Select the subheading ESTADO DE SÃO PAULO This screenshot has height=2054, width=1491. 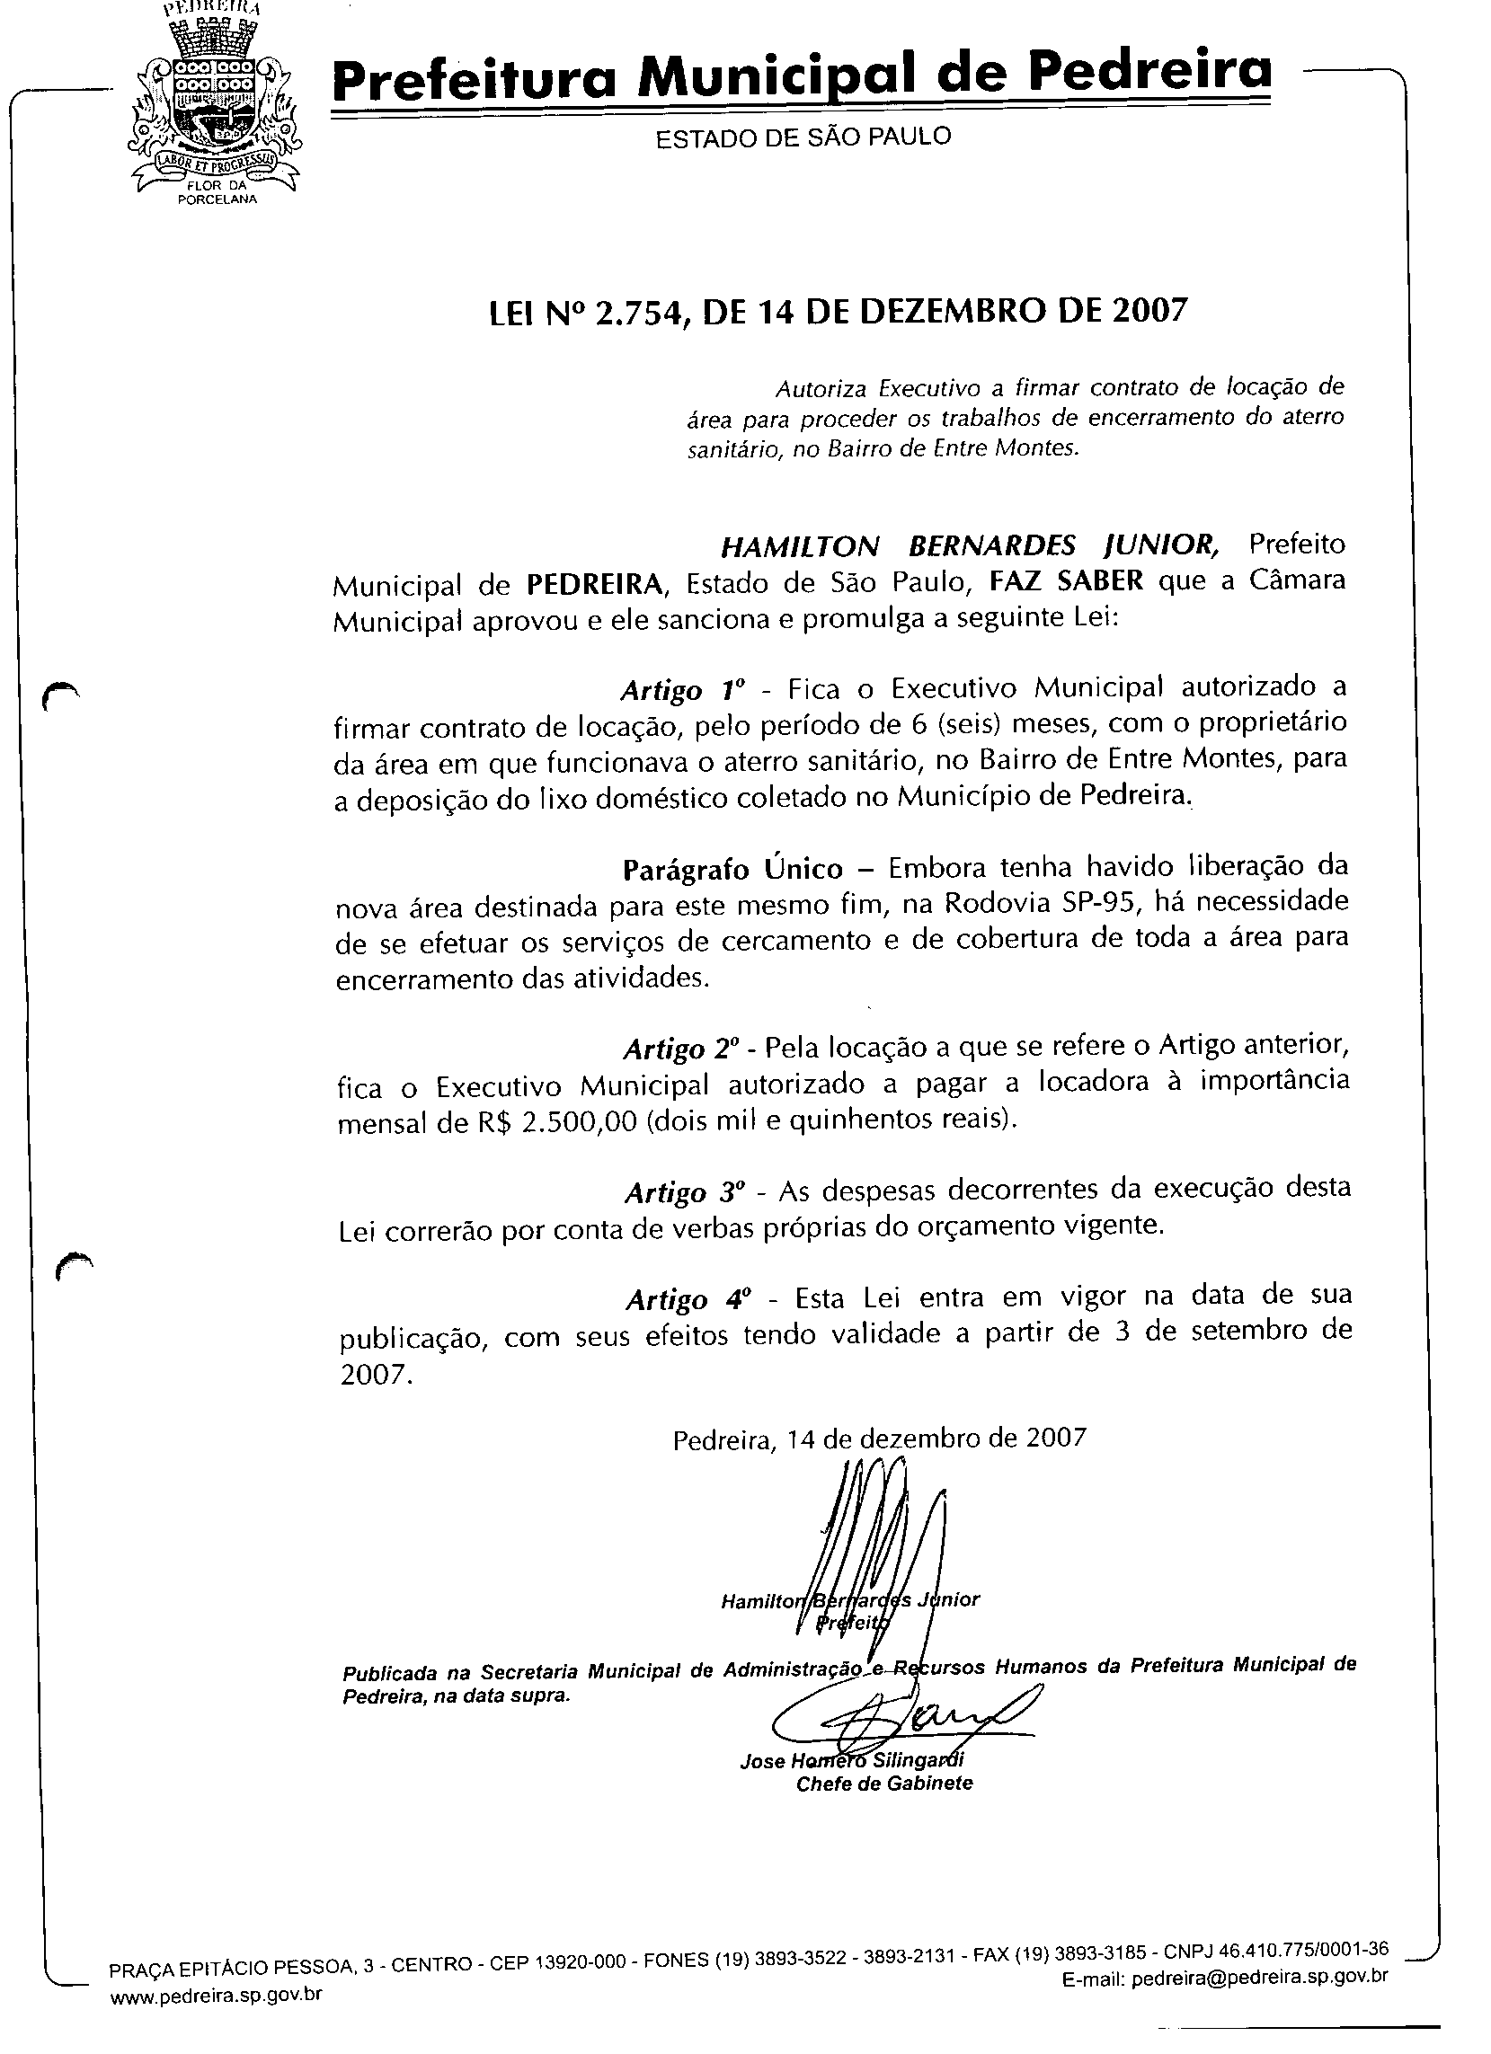click(803, 137)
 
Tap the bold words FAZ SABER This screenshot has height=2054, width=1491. click(1066, 580)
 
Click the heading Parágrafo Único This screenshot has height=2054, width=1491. click(732, 870)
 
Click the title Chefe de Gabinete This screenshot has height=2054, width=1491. click(884, 1784)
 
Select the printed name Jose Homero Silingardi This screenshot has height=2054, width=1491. click(851, 1760)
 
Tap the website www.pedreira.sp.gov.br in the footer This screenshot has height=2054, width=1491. click(216, 1993)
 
